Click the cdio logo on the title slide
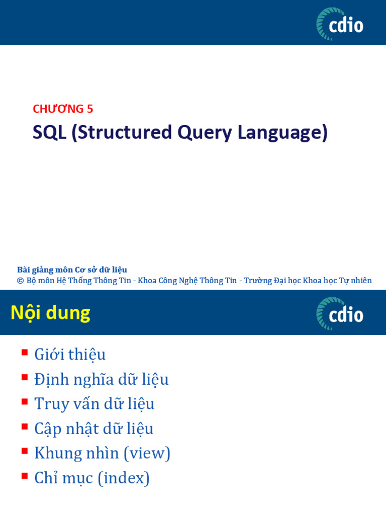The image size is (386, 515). click(340, 24)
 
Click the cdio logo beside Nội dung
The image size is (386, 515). click(340, 313)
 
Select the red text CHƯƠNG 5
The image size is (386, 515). click(63, 109)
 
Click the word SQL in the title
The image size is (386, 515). click(49, 132)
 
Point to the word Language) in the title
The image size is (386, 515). click(282, 133)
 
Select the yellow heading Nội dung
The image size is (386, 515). click(50, 313)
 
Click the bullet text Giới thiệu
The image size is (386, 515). click(70, 355)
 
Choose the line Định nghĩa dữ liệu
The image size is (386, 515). click(101, 379)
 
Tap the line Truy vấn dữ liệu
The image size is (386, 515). click(94, 404)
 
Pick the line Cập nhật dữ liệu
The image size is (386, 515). click(93, 428)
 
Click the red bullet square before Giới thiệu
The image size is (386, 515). click(24, 352)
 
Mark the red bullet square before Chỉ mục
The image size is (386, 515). click(24, 475)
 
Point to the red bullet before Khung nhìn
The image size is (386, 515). click(24, 451)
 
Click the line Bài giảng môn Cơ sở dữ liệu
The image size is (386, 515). click(72, 270)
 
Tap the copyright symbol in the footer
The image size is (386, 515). click(21, 281)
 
